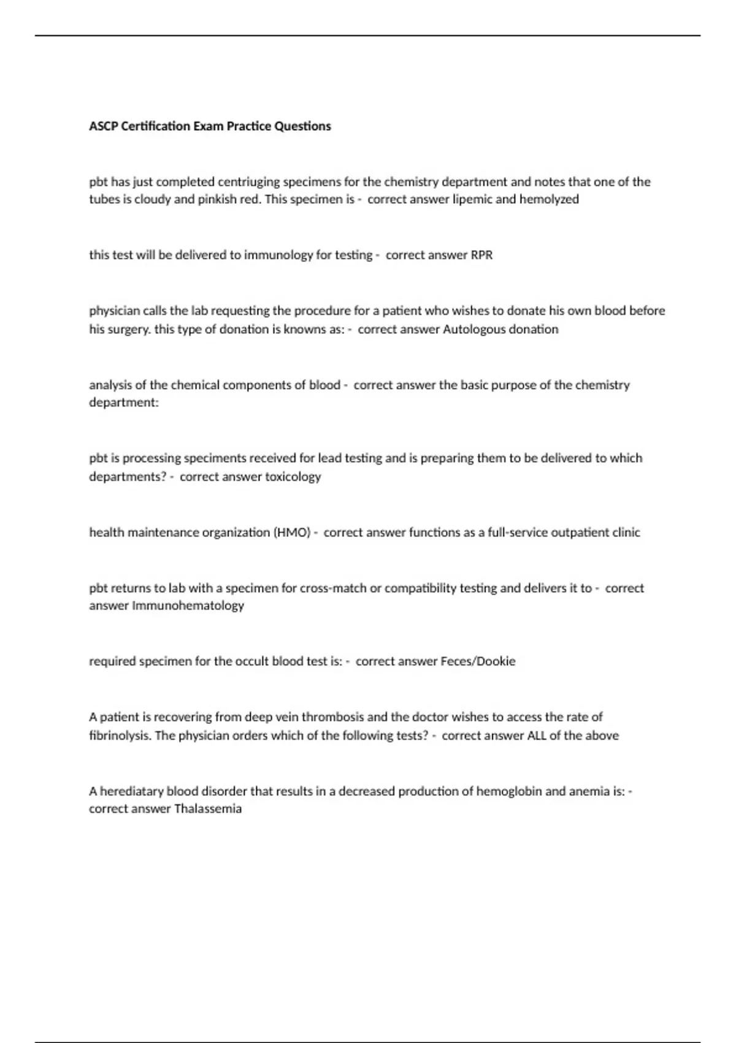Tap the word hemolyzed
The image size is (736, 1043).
click(549, 199)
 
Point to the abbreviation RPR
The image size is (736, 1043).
click(481, 255)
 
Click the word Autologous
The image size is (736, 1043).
click(469, 329)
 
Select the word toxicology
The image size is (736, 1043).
click(293, 477)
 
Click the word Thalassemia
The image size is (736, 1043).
click(208, 809)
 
